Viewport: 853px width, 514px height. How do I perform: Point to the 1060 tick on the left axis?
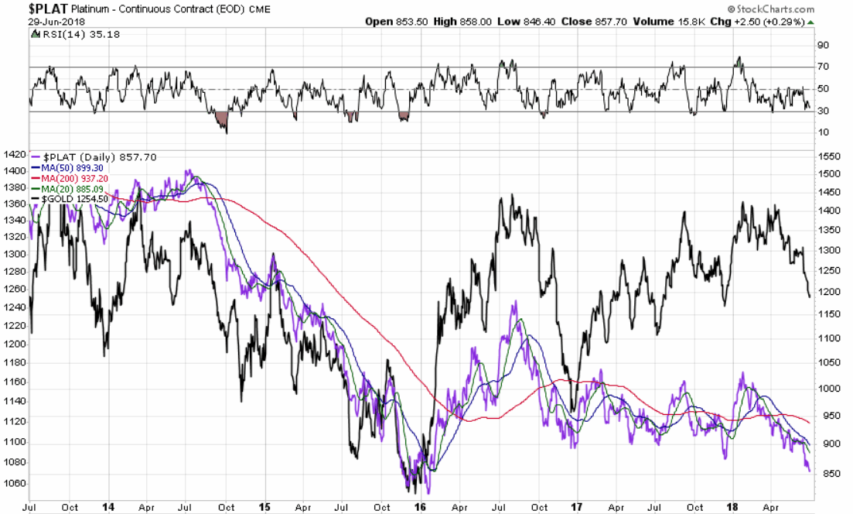pos(15,484)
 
